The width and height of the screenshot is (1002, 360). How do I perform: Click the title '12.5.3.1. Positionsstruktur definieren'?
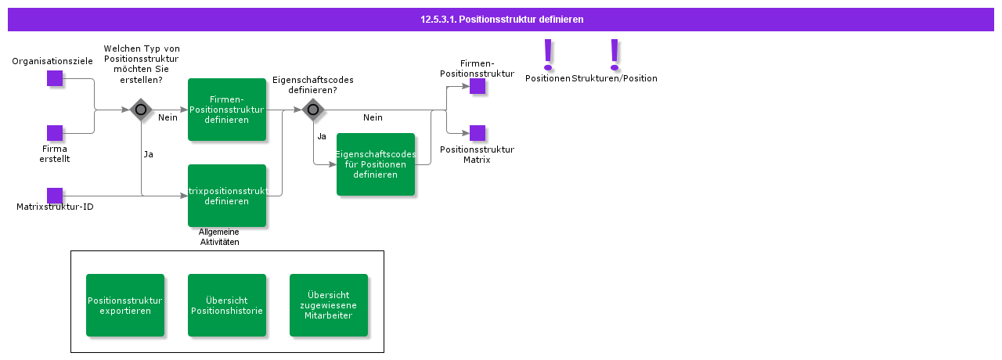(x=501, y=19)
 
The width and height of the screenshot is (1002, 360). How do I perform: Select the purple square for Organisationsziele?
(x=55, y=78)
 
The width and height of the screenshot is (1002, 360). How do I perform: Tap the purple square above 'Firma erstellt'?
(x=55, y=133)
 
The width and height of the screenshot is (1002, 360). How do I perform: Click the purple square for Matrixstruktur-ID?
(x=55, y=196)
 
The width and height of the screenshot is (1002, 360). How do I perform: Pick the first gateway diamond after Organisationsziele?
(x=141, y=110)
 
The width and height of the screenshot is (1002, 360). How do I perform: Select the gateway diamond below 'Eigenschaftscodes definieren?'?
(x=313, y=110)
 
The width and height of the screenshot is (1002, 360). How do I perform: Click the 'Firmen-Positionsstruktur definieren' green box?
(x=227, y=110)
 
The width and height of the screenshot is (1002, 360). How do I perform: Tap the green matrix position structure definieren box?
(x=227, y=196)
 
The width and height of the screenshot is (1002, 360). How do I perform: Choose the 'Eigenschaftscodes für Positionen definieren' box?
(x=376, y=164)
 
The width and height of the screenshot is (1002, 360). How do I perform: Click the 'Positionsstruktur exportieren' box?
(x=125, y=305)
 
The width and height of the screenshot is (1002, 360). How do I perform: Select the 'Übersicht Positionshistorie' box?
(x=227, y=305)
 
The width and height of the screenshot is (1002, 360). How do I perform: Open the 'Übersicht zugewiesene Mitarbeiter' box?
(x=329, y=305)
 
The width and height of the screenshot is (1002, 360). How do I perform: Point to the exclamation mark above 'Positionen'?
(x=548, y=55)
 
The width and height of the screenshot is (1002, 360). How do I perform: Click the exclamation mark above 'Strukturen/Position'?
(x=615, y=55)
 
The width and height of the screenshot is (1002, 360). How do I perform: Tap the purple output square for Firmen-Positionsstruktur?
(x=478, y=86)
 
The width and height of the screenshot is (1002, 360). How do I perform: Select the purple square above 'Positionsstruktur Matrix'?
(x=478, y=133)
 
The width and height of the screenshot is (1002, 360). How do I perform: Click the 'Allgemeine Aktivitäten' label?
(x=219, y=237)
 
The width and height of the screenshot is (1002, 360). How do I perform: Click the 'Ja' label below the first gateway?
(x=148, y=154)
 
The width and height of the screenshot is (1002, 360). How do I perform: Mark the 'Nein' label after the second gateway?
(x=373, y=117)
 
